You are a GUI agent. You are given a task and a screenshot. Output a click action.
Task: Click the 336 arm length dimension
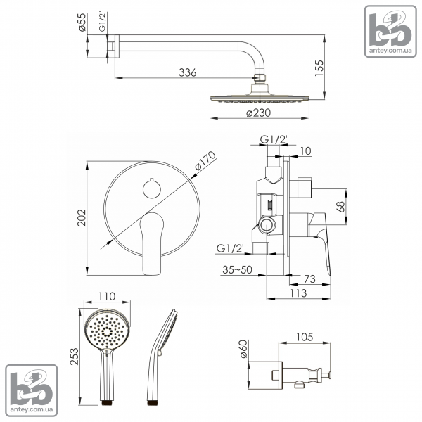[188, 72]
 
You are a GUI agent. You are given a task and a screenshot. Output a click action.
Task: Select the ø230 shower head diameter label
[259, 113]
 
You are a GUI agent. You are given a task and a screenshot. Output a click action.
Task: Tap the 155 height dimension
[319, 68]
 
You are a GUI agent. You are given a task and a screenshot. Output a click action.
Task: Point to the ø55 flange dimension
[82, 22]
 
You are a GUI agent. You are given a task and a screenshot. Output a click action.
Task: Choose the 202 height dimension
[82, 218]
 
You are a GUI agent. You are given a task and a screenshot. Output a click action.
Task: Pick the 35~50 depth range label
[238, 269]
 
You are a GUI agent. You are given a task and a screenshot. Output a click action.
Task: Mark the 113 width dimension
[298, 293]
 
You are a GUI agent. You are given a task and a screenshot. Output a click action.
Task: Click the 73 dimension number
[309, 279]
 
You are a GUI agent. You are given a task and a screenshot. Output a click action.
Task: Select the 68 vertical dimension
[340, 207]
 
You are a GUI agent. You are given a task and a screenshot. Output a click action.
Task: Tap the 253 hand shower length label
[75, 357]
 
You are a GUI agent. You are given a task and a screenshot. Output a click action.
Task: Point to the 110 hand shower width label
[107, 296]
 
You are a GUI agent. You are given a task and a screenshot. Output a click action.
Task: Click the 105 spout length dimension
[305, 337]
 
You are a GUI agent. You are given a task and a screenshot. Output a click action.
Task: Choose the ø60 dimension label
[243, 349]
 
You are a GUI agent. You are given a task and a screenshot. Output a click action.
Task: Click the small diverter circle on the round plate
[152, 189]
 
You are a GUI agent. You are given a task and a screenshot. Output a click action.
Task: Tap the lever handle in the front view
[152, 243]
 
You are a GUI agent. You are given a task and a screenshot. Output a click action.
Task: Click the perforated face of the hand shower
[108, 331]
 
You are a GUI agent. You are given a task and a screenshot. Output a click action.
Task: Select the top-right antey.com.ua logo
[390, 32]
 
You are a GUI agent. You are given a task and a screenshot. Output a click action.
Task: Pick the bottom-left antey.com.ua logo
[32, 390]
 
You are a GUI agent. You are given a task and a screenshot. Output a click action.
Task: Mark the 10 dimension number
[305, 151]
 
